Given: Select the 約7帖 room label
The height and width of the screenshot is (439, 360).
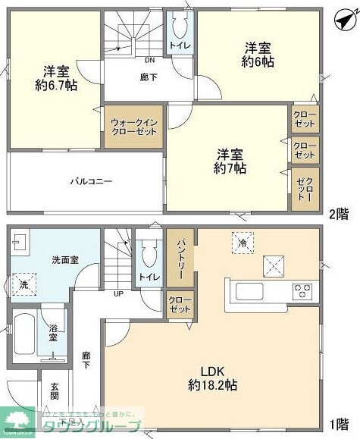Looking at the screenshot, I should (227, 160).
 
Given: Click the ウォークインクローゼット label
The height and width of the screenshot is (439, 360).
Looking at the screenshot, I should (133, 126).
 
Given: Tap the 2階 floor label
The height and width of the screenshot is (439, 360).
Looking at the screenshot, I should (339, 213).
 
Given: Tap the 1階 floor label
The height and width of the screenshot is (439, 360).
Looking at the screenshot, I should (339, 424).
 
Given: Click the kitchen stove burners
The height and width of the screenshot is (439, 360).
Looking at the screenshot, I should (302, 290).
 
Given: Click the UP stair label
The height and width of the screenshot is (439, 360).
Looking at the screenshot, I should (118, 293).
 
